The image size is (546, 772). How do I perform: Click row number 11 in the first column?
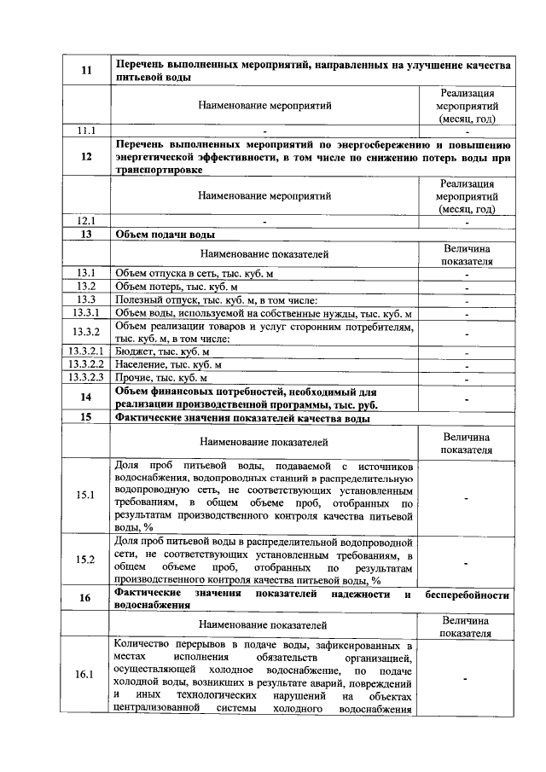86,70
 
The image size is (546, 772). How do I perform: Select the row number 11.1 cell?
86,131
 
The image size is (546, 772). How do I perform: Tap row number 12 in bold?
86,157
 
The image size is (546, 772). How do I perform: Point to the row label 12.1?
86,220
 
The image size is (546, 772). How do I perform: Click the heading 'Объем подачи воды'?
165,233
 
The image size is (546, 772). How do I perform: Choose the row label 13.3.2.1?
86,351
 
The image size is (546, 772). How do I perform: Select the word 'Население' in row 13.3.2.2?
140,363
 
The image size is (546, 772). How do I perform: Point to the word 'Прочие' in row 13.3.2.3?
132,376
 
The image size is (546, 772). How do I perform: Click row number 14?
86,397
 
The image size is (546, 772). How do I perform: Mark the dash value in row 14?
467,398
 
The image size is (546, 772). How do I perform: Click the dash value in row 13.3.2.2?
467,364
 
